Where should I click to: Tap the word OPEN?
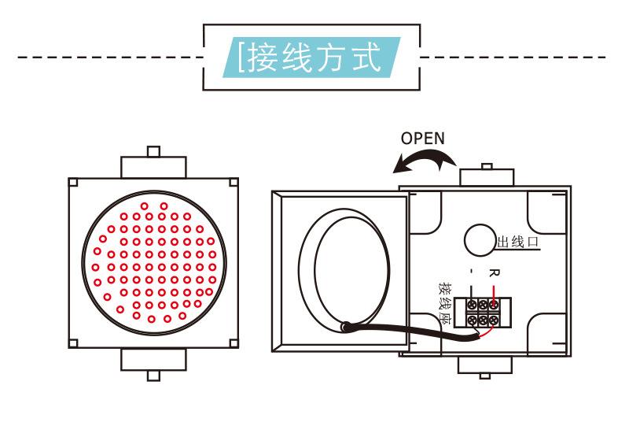pos(422,139)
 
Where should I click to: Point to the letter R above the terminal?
pos(493,273)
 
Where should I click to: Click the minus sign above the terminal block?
pos(471,273)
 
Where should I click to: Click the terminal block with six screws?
pos(482,312)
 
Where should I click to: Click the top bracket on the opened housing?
pos(486,174)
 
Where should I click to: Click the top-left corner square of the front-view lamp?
pos(72,181)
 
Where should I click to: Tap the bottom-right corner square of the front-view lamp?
pos(234,343)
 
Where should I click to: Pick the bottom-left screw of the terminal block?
pos(471,320)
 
